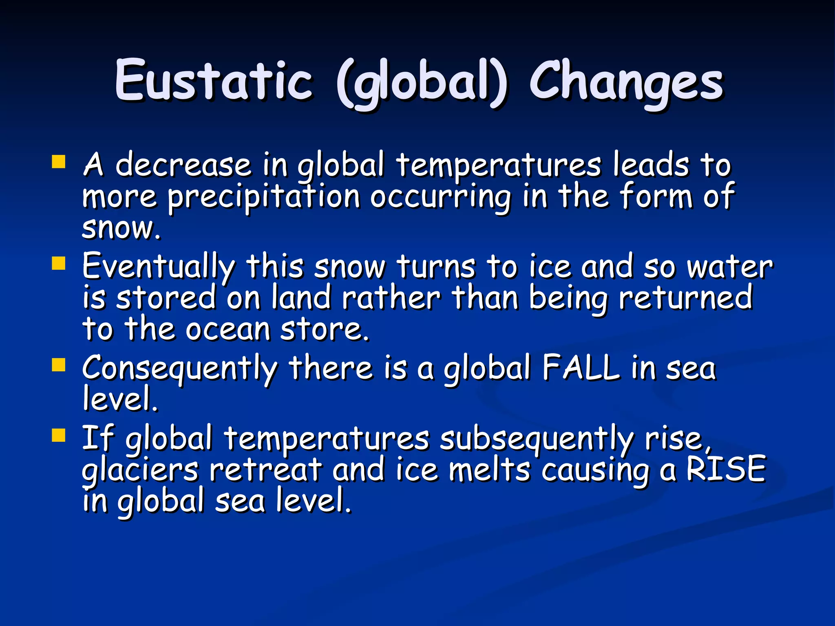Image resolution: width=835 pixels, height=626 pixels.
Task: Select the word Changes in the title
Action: tap(626, 82)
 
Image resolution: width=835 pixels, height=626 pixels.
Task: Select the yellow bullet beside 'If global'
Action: tap(59, 435)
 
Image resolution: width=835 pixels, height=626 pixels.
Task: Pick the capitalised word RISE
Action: tap(726, 469)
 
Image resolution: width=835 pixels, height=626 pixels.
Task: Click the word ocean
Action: tap(228, 329)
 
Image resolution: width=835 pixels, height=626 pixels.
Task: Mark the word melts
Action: tap(489, 469)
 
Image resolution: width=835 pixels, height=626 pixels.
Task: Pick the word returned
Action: tap(685, 298)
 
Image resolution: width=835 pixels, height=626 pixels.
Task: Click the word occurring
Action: tap(440, 198)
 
